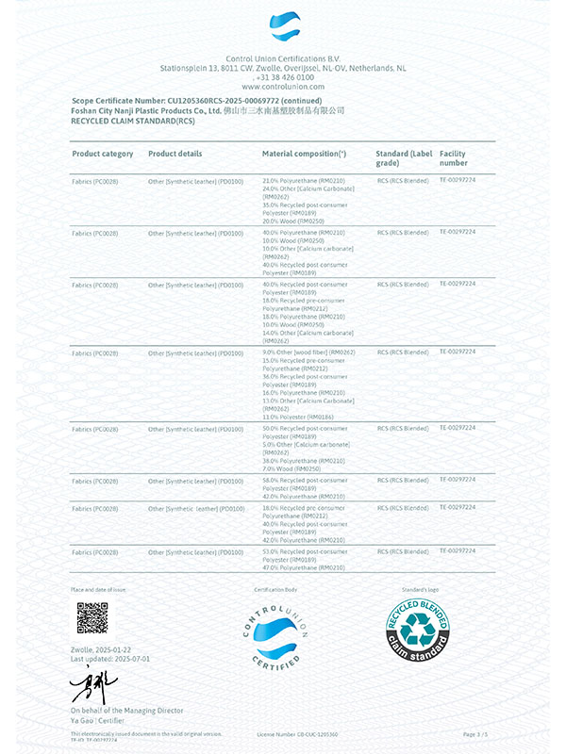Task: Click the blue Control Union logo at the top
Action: click(x=283, y=27)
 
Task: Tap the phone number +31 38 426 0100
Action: click(x=283, y=77)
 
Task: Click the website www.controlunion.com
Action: click(x=283, y=86)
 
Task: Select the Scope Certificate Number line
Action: click(x=197, y=100)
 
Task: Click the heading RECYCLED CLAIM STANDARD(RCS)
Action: click(x=133, y=121)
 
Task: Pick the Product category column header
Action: click(x=103, y=154)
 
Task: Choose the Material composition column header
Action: click(x=304, y=154)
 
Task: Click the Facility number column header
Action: click(x=454, y=158)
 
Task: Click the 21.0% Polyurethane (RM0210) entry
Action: click(x=304, y=180)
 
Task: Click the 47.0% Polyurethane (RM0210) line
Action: click(x=304, y=568)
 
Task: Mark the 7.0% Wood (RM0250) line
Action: click(x=291, y=468)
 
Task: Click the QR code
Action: click(x=92, y=617)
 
